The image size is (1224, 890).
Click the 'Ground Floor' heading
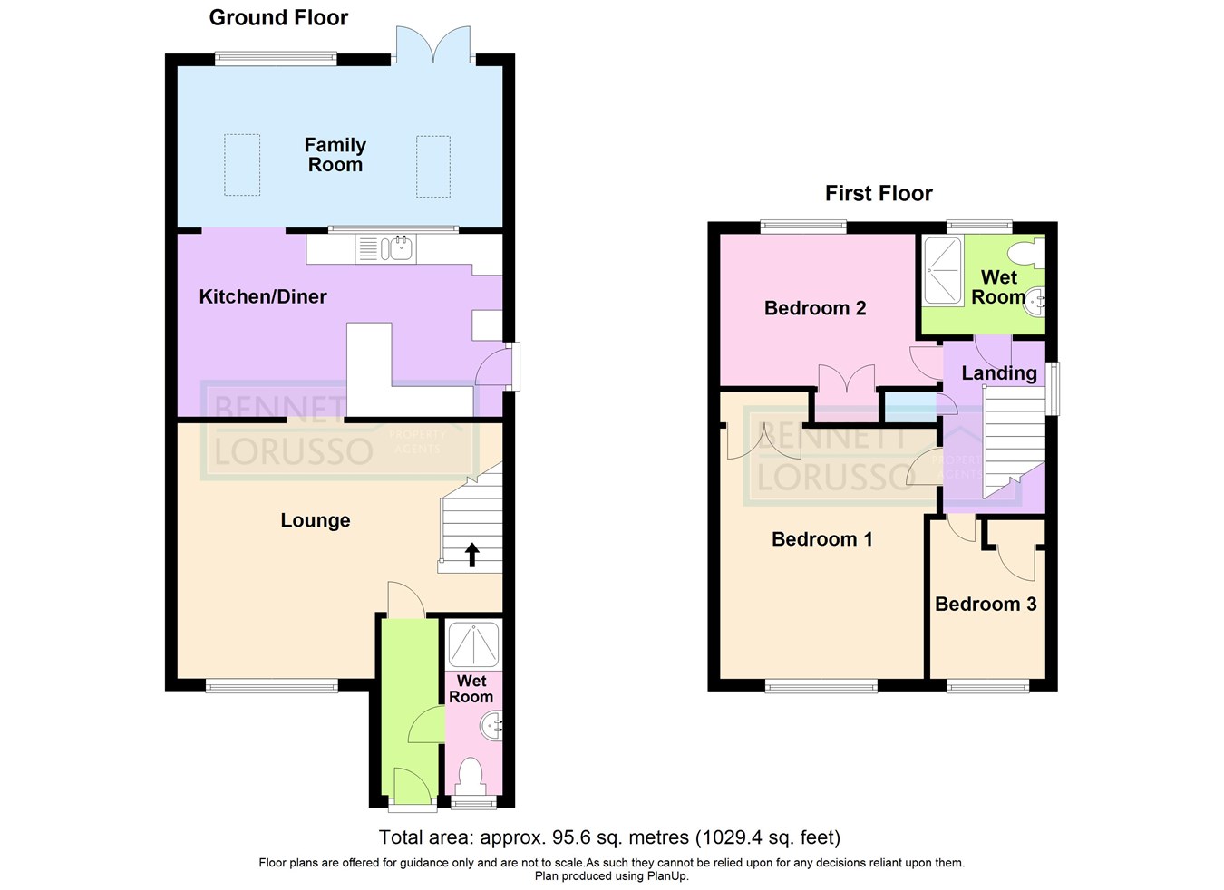(x=278, y=18)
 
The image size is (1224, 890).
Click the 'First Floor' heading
(x=878, y=193)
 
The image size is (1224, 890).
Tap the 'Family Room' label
(x=335, y=155)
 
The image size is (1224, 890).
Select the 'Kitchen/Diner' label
(x=262, y=296)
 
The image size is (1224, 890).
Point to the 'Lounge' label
(x=315, y=520)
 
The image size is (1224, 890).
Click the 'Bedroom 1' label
(x=821, y=539)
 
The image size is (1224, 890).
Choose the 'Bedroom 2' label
(x=814, y=308)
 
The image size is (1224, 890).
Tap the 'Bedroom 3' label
(x=986, y=605)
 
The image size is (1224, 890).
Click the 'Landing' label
(x=998, y=373)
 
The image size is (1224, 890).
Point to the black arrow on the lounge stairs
(x=471, y=554)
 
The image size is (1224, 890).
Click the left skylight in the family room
(x=242, y=165)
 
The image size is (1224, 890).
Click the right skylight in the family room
(x=432, y=165)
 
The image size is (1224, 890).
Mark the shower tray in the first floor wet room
(x=942, y=270)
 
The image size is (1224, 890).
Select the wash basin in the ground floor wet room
(x=492, y=726)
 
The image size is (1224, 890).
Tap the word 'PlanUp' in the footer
(x=666, y=876)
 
